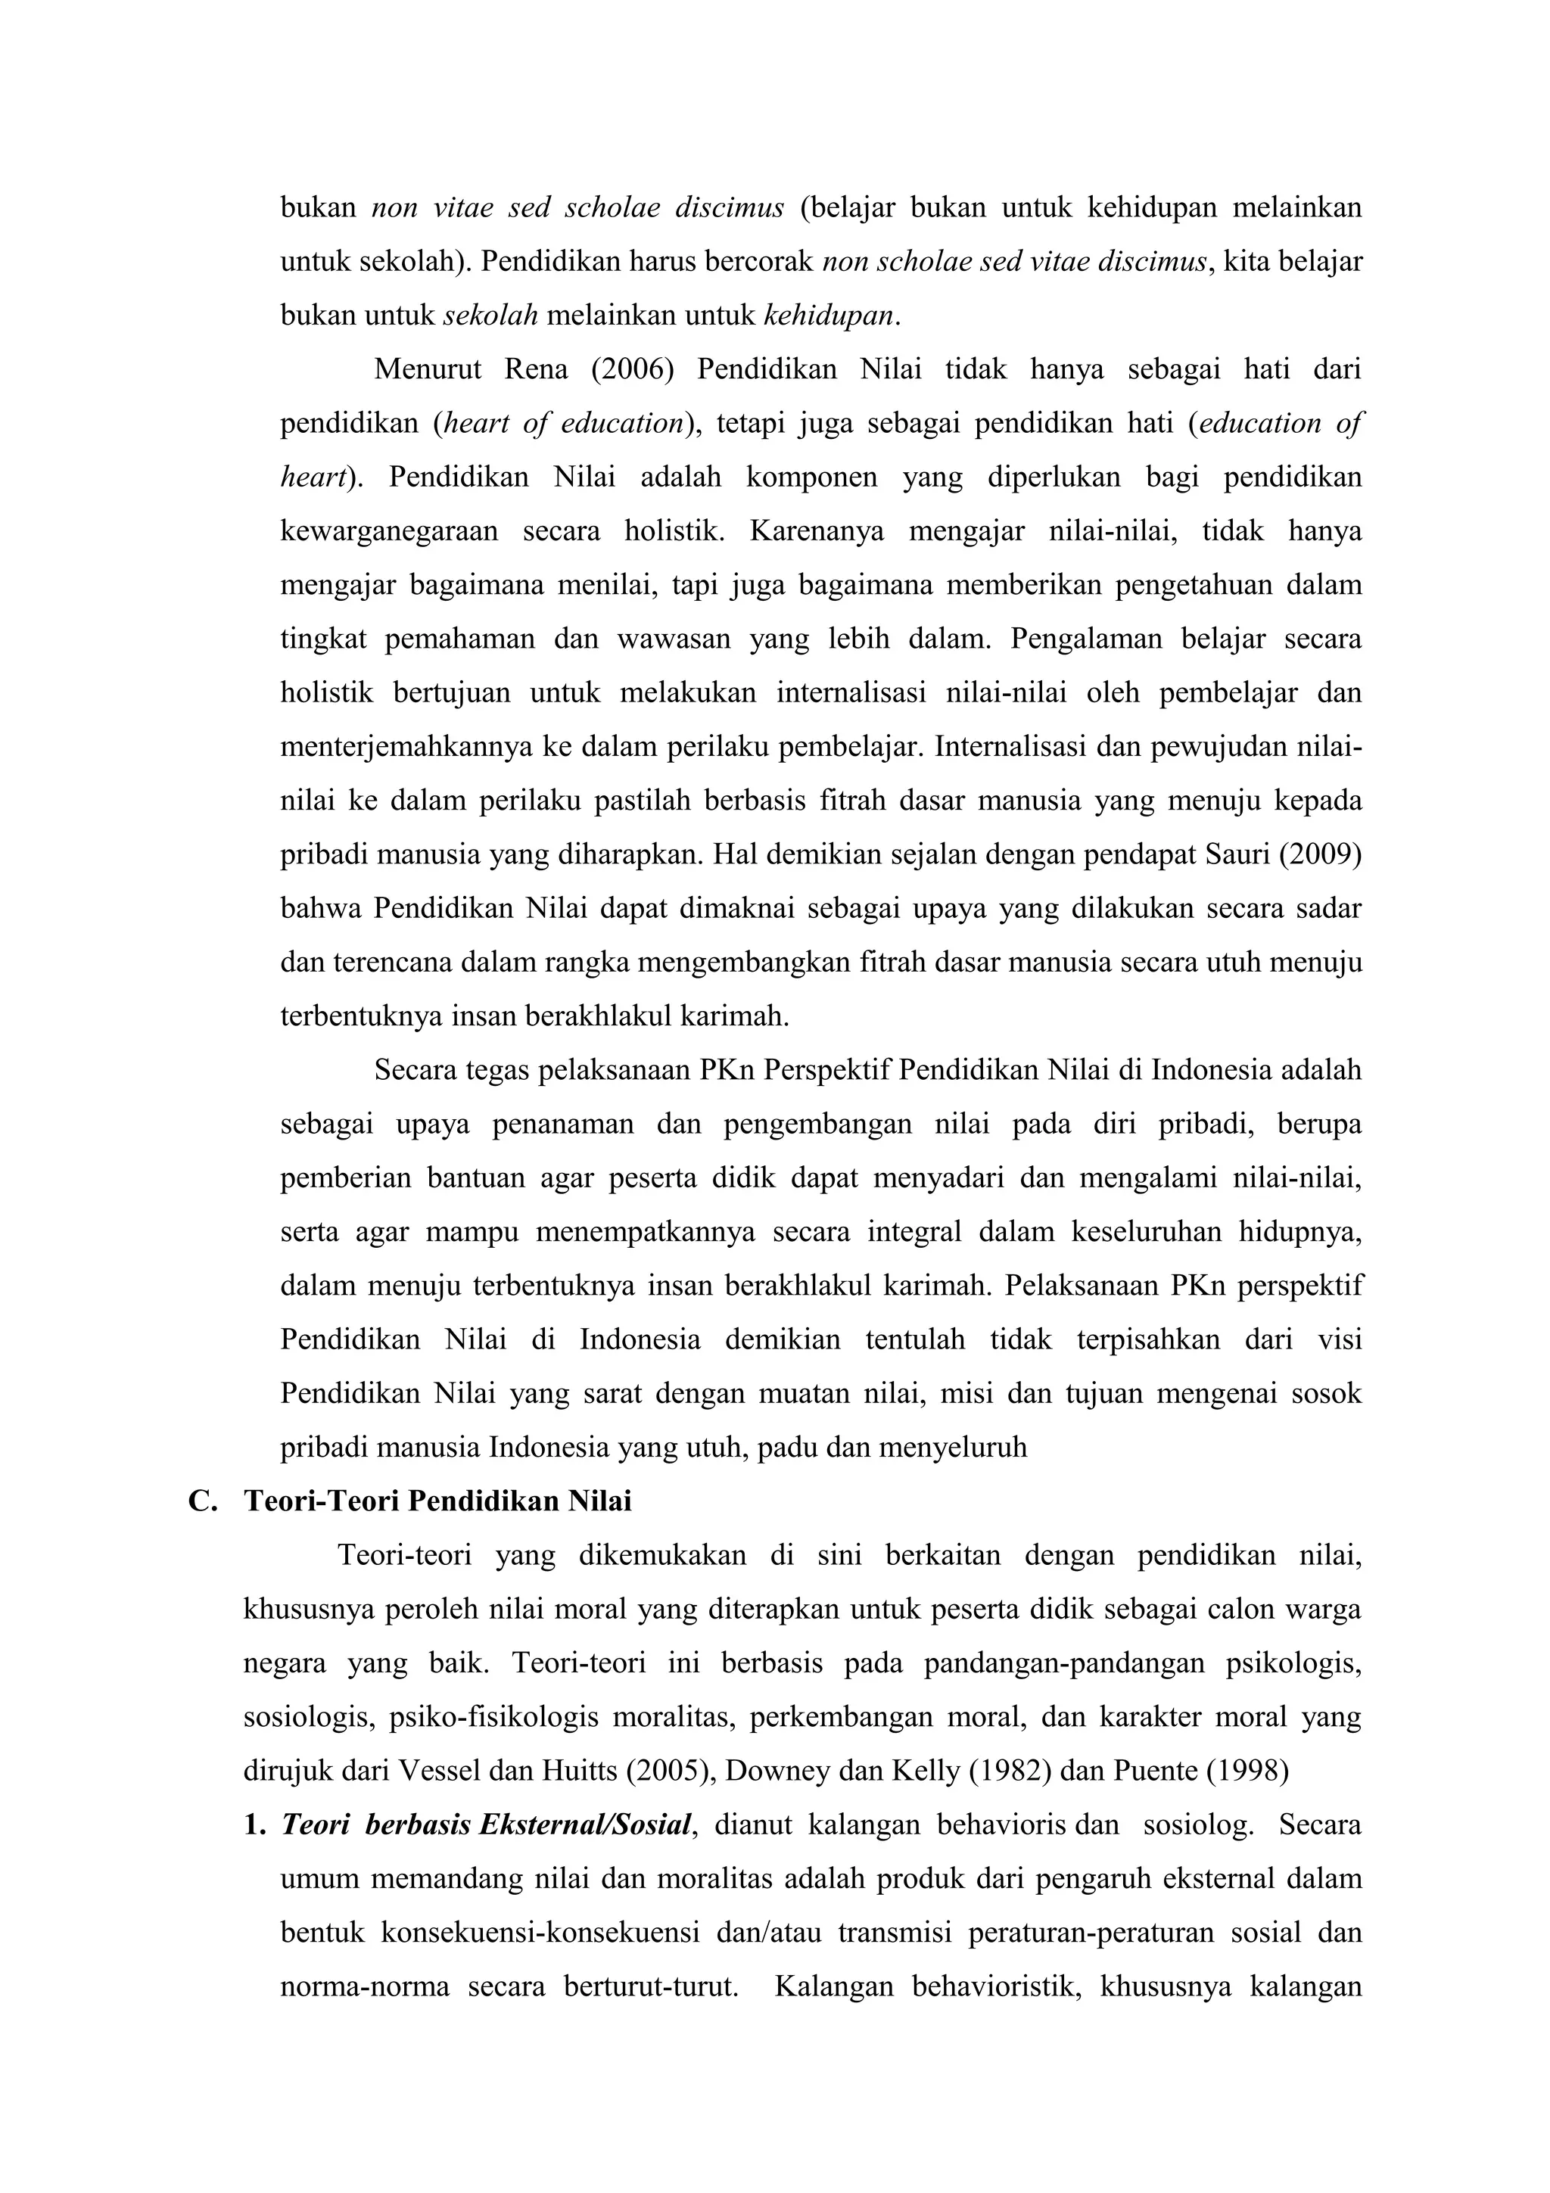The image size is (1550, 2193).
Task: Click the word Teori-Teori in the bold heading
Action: [x=323, y=1501]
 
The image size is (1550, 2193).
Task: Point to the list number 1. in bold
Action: [x=254, y=1825]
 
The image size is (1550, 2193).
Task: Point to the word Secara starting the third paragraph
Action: [x=416, y=1071]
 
